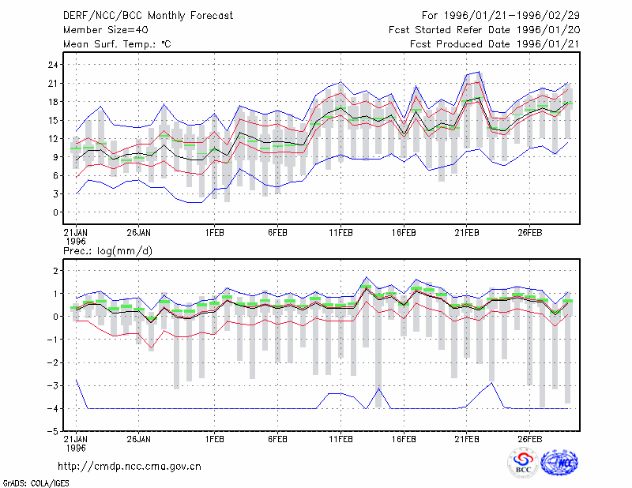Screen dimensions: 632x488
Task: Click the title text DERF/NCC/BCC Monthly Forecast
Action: click(148, 16)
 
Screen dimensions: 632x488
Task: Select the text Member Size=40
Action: click(106, 30)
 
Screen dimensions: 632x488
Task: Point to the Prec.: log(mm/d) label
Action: click(107, 251)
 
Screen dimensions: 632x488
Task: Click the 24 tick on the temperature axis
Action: click(53, 65)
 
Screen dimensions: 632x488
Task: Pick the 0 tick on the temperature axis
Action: click(55, 212)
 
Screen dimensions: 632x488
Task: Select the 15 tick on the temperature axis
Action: click(53, 120)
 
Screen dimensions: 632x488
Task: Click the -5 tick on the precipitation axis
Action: click(52, 432)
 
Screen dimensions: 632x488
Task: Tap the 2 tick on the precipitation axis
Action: click(55, 270)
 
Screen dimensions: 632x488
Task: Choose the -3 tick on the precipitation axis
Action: click(52, 385)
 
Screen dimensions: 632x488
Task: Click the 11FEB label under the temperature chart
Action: click(340, 233)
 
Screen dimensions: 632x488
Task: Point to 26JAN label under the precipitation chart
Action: click(139, 439)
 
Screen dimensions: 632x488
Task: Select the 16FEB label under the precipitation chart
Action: click(404, 439)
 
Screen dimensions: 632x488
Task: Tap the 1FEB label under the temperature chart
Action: click(214, 233)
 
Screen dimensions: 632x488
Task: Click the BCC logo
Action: click(523, 463)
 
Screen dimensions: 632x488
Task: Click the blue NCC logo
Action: click(559, 463)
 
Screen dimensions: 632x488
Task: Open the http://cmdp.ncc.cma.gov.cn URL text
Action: click(130, 467)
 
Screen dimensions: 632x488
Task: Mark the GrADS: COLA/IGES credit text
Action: click(36, 483)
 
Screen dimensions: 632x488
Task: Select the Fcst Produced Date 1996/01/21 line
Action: click(495, 44)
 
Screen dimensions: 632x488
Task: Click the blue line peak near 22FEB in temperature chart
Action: click(479, 72)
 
